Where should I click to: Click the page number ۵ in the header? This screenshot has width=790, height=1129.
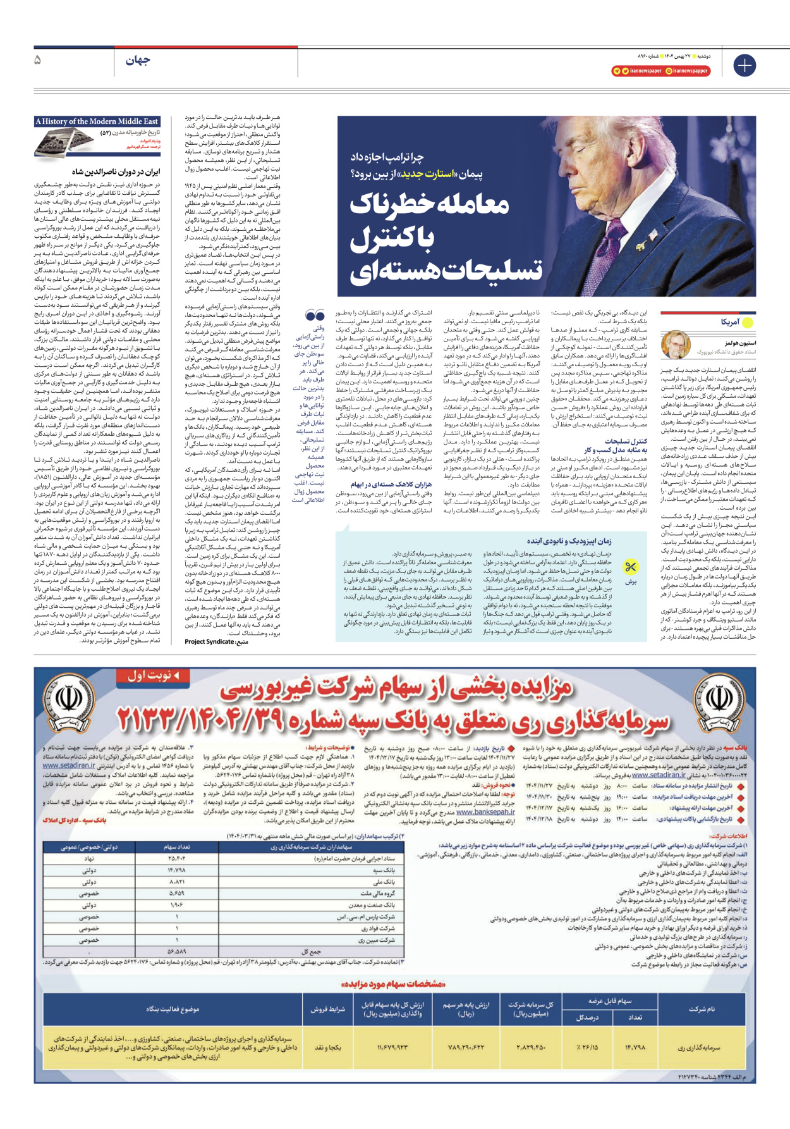(38, 60)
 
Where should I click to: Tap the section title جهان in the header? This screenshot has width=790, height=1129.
(138, 61)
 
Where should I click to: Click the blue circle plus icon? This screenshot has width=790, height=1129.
(744, 65)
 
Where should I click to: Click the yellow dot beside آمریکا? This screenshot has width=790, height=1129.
(748, 323)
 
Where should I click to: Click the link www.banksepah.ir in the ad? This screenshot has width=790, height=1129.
(485, 813)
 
